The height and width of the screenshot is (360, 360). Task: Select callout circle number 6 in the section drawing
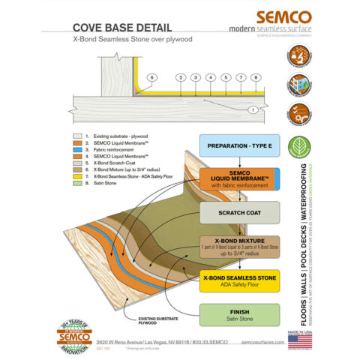coord(152,77)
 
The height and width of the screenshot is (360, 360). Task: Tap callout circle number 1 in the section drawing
coord(253,109)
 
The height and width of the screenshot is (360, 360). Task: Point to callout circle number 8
coord(256,77)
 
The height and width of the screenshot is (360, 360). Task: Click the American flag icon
coord(300,340)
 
